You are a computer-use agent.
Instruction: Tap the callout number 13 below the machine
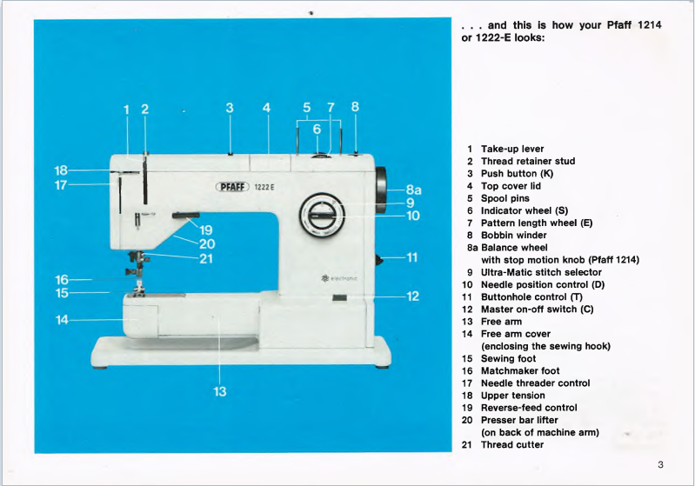click(220, 392)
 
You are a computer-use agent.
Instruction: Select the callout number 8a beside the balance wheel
click(413, 190)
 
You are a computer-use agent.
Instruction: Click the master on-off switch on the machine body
click(339, 299)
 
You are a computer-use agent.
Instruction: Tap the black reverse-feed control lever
click(185, 214)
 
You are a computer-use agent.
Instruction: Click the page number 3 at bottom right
click(660, 464)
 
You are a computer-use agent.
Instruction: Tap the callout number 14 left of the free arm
click(63, 320)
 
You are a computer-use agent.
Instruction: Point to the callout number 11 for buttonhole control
click(412, 256)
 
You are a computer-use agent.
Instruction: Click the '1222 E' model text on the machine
click(265, 187)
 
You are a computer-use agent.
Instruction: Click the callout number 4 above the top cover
click(267, 109)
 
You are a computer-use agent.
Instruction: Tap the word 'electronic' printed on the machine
click(343, 278)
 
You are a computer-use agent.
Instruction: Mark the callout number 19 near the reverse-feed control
click(206, 230)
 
